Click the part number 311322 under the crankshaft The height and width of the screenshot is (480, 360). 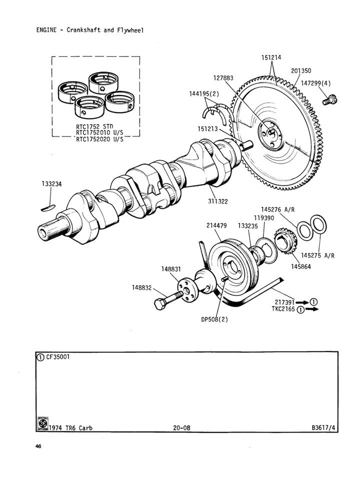(x=218, y=201)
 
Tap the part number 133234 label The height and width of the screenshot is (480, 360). (x=52, y=184)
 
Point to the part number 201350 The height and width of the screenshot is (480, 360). (x=301, y=71)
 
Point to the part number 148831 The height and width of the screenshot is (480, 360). (x=171, y=269)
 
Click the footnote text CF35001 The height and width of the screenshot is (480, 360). (x=59, y=357)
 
